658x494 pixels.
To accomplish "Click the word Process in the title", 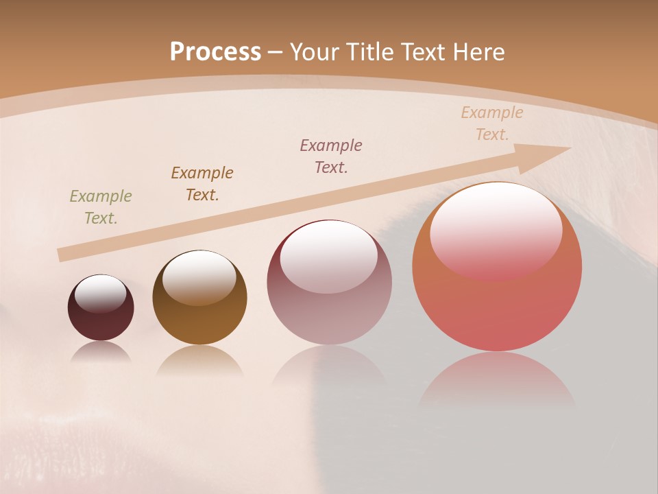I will pyautogui.click(x=215, y=52).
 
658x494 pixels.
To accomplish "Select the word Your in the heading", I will pyautogui.click(x=313, y=52).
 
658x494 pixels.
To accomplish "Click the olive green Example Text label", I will pyautogui.click(x=101, y=207).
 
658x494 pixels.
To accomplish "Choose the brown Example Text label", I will pyautogui.click(x=202, y=184).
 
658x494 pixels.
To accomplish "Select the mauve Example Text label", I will pyautogui.click(x=331, y=156).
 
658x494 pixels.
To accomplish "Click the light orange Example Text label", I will pyautogui.click(x=492, y=123).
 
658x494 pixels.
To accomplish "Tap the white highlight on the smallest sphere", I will pyautogui.click(x=101, y=294).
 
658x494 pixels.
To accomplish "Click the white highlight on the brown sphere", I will pyautogui.click(x=199, y=277).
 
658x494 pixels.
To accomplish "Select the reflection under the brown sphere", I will pyautogui.click(x=199, y=360).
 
